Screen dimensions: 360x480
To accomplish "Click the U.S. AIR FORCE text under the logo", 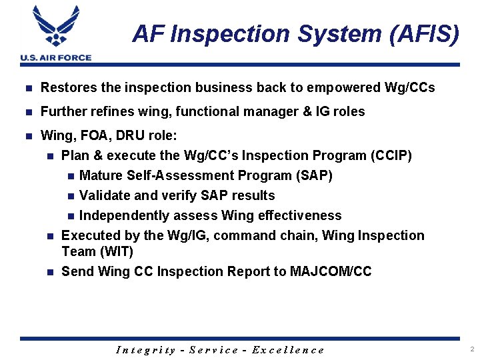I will (56, 58).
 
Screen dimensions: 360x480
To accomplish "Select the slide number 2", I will (471, 349).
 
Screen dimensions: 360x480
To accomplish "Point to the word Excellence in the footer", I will (288, 350).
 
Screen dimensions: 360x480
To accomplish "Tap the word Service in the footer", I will (214, 350).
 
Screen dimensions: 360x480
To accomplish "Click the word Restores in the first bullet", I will (65, 87).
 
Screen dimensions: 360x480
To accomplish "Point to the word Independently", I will (125, 216).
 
